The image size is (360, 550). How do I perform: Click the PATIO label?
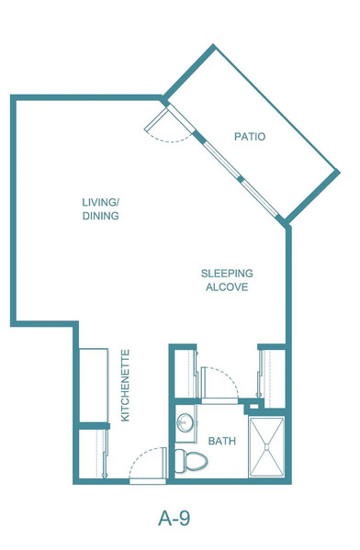coord(250,137)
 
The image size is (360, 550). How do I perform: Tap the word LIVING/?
coord(101,202)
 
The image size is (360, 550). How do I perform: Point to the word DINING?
coord(101,216)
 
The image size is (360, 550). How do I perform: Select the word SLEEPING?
coord(227,274)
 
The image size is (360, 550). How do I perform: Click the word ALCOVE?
coord(227,287)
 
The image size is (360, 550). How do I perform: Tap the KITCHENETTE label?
coord(125,385)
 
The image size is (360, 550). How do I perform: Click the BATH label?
coord(222,441)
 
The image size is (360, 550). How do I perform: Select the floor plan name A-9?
coord(174,518)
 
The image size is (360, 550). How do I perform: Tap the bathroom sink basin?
coord(185,422)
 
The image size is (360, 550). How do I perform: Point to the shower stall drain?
coord(266,447)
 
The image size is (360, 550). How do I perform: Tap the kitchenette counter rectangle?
coord(94,385)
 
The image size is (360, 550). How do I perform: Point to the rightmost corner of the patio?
coord(339,172)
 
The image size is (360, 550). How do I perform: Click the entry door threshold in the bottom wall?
coord(148,482)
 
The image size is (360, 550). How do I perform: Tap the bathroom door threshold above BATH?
coord(220,401)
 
